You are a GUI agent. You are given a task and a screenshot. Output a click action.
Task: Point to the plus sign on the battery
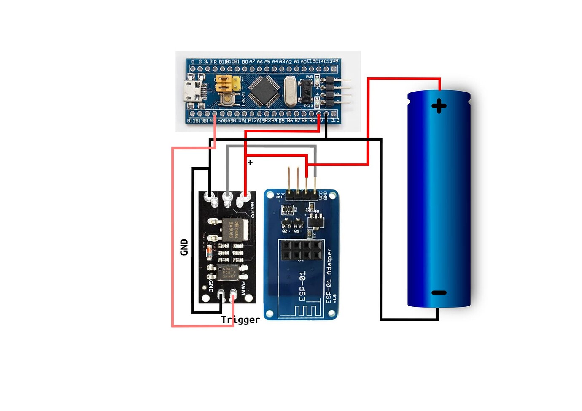pyautogui.click(x=439, y=106)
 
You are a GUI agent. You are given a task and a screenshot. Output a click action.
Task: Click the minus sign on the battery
pyautogui.click(x=439, y=292)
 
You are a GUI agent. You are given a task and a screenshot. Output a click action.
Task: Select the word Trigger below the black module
pyautogui.click(x=240, y=320)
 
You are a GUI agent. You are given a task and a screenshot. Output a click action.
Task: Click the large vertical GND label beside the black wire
pyautogui.click(x=184, y=247)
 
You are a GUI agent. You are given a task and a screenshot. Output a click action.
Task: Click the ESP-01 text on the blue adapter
pyautogui.click(x=302, y=286)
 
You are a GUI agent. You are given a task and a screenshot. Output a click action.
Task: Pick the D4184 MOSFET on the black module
pyautogui.click(x=232, y=230)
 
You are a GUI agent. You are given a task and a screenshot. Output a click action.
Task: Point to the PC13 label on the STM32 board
pyautogui.click(x=308, y=106)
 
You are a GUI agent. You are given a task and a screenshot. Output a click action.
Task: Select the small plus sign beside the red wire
pyautogui.click(x=250, y=162)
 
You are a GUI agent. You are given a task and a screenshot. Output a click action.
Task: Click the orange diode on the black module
pyautogui.click(x=208, y=252)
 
